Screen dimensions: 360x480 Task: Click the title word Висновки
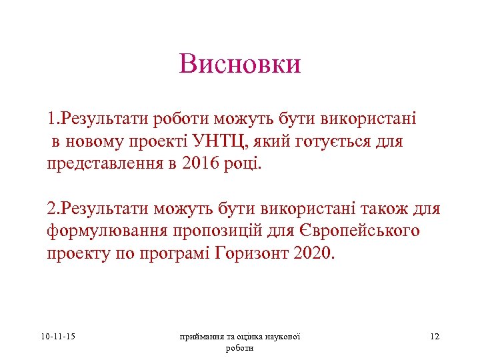(240, 64)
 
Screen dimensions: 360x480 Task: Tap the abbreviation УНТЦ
(211, 141)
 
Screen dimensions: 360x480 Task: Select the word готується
(333, 141)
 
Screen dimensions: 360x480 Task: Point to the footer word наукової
(282, 337)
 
